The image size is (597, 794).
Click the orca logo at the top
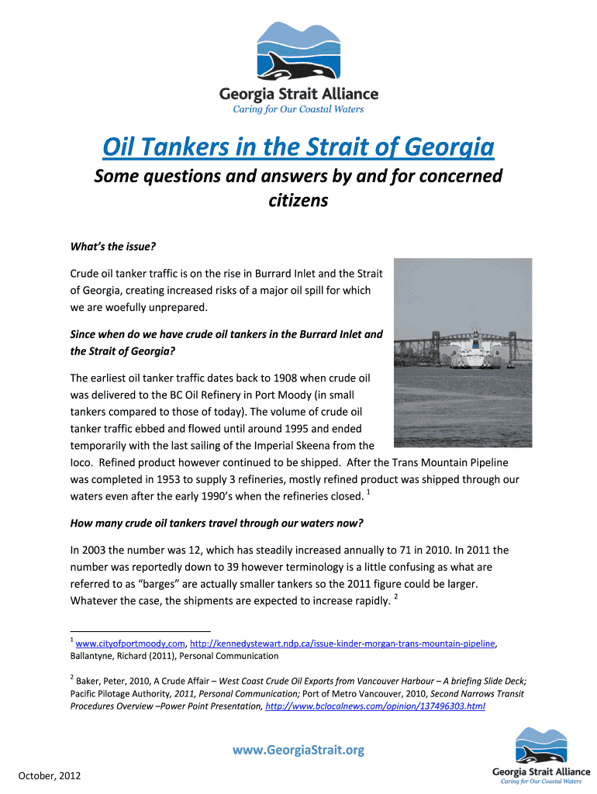click(298, 52)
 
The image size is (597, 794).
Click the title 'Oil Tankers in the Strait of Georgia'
click(298, 146)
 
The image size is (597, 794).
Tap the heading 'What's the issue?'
click(113, 247)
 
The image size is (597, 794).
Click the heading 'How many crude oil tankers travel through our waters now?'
click(217, 523)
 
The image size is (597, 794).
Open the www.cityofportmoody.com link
click(130, 644)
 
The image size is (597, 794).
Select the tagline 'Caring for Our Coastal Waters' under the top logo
click(298, 109)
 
